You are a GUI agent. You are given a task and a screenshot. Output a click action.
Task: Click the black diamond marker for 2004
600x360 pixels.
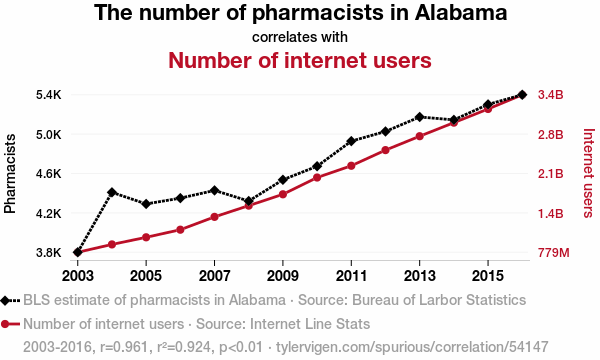point(112,192)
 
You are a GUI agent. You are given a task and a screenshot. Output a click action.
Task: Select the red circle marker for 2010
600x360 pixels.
point(317,178)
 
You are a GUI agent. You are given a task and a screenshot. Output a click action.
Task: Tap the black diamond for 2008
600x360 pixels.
point(249,201)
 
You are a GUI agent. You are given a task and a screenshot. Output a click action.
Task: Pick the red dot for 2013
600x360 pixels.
point(419,136)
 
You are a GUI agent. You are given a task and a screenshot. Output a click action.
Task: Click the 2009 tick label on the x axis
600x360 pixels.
point(283,275)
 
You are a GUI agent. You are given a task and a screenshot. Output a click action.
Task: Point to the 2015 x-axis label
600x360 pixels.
point(488,275)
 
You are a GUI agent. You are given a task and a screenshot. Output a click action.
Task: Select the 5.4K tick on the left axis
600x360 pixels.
point(49,95)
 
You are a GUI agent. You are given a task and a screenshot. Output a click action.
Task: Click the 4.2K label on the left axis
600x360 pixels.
point(49,213)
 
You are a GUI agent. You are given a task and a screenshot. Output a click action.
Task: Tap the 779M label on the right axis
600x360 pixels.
point(554,252)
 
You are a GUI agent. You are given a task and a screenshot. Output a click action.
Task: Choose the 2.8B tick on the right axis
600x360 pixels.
point(551,135)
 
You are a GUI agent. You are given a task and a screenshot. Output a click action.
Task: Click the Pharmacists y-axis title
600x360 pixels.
point(10,173)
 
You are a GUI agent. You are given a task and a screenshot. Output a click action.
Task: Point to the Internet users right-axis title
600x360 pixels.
point(588,173)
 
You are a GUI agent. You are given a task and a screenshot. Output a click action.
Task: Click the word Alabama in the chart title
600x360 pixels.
point(461,12)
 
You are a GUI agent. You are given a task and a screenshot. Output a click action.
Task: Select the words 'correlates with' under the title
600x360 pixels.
point(300,37)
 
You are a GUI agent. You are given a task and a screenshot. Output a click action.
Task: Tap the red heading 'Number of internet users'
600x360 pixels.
point(300,60)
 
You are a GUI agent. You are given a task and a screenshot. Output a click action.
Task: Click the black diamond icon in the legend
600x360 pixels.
point(5,300)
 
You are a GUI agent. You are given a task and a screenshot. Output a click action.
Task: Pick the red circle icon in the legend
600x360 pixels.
point(5,324)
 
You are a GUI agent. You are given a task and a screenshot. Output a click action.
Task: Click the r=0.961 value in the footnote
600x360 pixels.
point(124,347)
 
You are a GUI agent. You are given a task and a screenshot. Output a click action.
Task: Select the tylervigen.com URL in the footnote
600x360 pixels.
point(412,347)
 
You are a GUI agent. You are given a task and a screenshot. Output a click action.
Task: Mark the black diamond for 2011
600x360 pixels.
point(351,141)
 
